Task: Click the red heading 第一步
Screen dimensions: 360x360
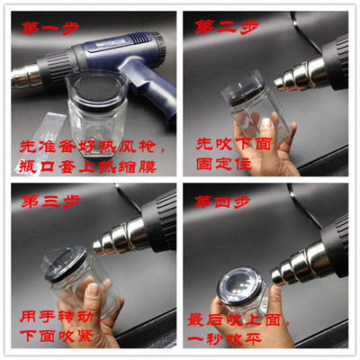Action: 50,28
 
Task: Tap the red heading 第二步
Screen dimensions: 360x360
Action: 227,27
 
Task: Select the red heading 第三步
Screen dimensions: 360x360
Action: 51,202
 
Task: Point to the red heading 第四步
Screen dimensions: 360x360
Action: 222,202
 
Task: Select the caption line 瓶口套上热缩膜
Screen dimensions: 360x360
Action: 87,166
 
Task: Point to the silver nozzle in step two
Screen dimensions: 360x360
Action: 300,76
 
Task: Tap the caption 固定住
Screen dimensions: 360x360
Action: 223,164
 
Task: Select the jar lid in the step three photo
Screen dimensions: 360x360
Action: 66,264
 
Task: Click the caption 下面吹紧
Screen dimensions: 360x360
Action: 57,336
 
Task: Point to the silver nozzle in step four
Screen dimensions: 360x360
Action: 296,264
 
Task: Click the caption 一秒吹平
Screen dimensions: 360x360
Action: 224,338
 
